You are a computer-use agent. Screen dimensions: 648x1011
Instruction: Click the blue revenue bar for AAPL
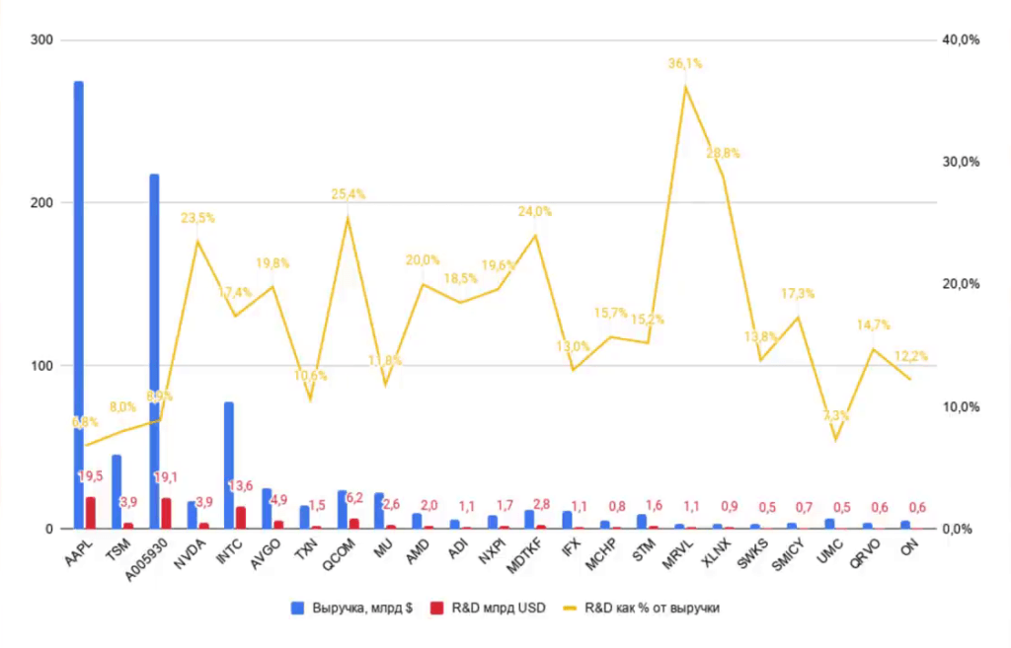tap(78, 296)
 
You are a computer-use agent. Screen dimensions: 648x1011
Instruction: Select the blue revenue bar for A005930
tap(154, 345)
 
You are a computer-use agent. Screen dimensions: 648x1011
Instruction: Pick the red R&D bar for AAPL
tap(91, 513)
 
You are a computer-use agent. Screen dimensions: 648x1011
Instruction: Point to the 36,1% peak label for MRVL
tap(685, 63)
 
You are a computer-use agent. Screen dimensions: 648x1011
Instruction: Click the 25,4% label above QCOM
tap(348, 194)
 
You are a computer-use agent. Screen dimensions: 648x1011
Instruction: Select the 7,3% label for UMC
tap(835, 415)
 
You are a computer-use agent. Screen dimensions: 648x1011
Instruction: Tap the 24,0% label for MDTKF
tap(535, 211)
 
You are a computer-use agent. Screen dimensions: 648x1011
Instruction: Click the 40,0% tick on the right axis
tap(960, 39)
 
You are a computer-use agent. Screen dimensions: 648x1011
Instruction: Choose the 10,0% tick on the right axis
tap(960, 406)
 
